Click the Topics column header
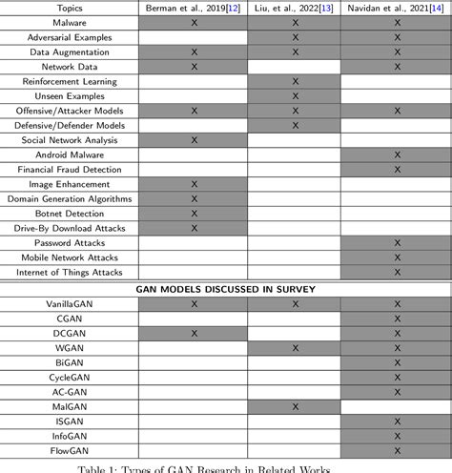[71, 8]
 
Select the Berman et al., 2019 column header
[194, 8]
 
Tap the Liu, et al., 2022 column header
[295, 8]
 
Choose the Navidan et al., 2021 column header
[396, 8]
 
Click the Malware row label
[71, 23]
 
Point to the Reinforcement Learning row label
[71, 82]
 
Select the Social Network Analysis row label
[71, 140]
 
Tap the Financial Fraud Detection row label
[71, 170]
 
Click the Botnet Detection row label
[71, 214]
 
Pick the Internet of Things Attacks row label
[71, 273]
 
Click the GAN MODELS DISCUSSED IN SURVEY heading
[226, 289]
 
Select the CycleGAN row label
[71, 378]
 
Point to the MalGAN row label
[71, 407]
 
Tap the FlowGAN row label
[71, 451]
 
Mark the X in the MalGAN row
[295, 407]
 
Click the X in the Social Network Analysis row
[194, 140]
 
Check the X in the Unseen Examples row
[295, 96]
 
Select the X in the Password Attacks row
[396, 243]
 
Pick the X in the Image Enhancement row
[194, 184]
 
